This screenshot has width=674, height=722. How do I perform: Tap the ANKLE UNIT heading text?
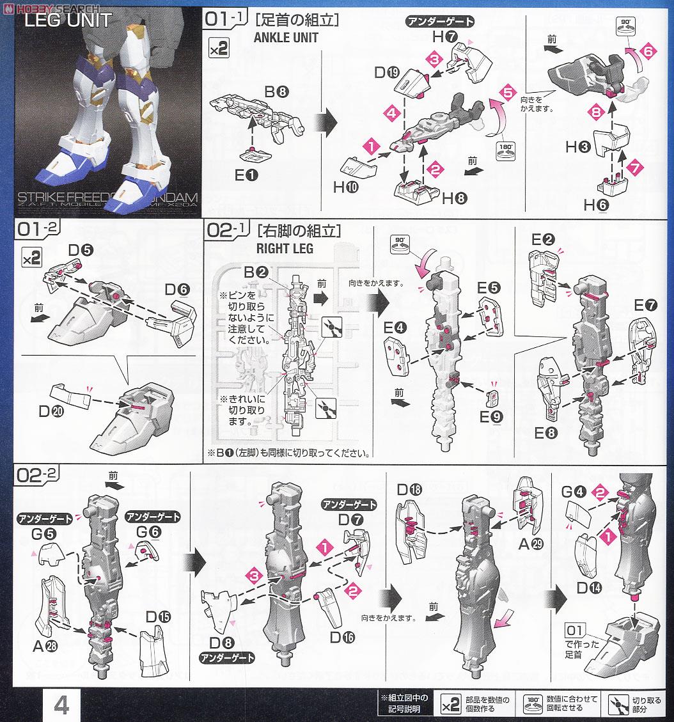286,37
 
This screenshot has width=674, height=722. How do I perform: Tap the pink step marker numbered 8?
597,111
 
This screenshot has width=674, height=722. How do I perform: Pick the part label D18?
409,490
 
